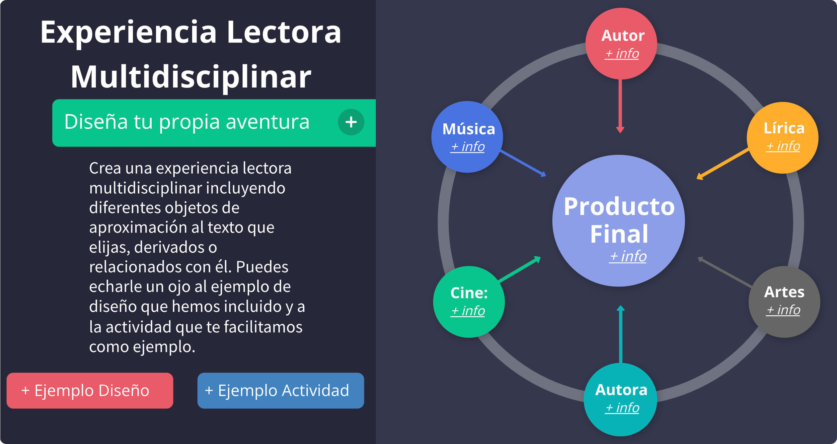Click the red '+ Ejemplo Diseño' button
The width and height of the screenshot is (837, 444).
90,390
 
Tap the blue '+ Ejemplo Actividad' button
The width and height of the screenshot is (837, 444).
281,390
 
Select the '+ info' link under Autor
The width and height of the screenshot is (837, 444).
622,54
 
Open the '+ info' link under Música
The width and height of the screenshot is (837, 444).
468,147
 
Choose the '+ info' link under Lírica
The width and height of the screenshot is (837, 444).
783,146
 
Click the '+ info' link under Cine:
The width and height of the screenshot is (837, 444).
468,311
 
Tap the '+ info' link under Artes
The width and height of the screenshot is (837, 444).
783,310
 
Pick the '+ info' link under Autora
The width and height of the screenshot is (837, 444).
622,408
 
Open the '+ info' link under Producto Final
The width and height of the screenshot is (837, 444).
628,257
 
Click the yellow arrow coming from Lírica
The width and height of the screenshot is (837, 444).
723,163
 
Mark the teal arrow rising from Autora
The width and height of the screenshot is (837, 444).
621,335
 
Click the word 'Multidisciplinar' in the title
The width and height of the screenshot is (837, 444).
191,77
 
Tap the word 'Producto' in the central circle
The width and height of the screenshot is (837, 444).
619,207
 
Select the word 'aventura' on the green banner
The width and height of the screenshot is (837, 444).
268,122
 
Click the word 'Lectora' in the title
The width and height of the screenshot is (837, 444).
284,32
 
